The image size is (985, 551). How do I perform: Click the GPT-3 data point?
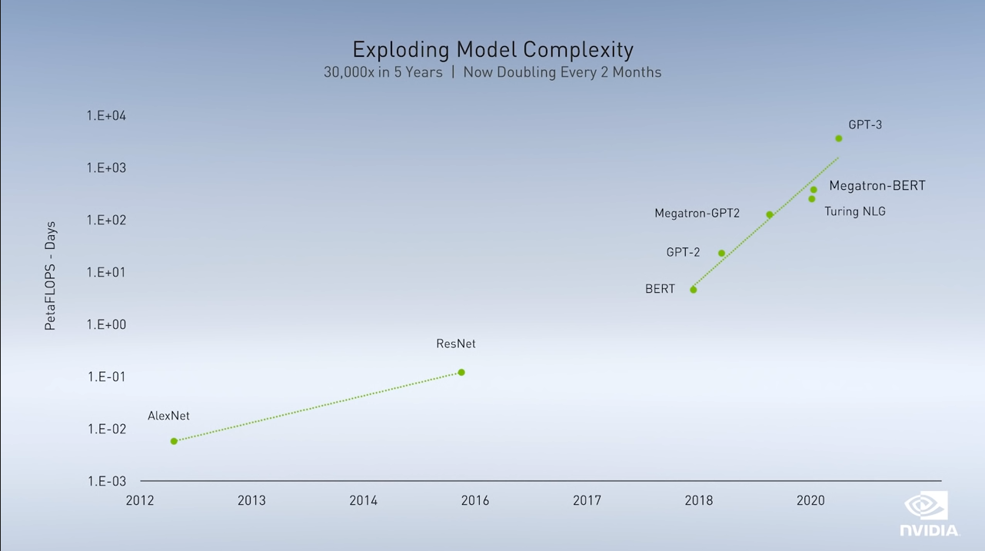click(x=839, y=138)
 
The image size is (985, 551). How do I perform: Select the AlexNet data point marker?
click(x=174, y=440)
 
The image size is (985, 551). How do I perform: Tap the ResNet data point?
click(x=461, y=372)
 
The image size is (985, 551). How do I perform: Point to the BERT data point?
click(x=694, y=290)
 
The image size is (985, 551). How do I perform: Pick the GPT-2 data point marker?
click(x=721, y=253)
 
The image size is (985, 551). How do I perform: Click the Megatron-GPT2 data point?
click(x=770, y=214)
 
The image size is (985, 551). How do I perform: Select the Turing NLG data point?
click(x=812, y=199)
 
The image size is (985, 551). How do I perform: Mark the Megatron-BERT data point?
click(x=814, y=190)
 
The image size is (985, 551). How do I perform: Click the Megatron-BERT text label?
click(x=877, y=186)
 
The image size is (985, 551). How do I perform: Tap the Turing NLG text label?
click(x=855, y=211)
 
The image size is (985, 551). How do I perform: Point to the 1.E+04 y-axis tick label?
click(x=106, y=115)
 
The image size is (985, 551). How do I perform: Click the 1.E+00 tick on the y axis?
click(x=106, y=324)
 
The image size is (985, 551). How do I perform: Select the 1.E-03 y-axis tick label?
click(x=107, y=481)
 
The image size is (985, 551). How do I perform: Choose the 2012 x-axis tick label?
click(x=140, y=500)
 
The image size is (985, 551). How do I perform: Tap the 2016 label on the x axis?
click(x=475, y=500)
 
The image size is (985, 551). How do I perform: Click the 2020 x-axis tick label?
click(x=810, y=500)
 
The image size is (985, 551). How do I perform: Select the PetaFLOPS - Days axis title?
click(x=50, y=276)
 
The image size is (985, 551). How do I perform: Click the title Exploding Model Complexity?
click(x=493, y=50)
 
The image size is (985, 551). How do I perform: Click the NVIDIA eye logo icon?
click(x=926, y=506)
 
